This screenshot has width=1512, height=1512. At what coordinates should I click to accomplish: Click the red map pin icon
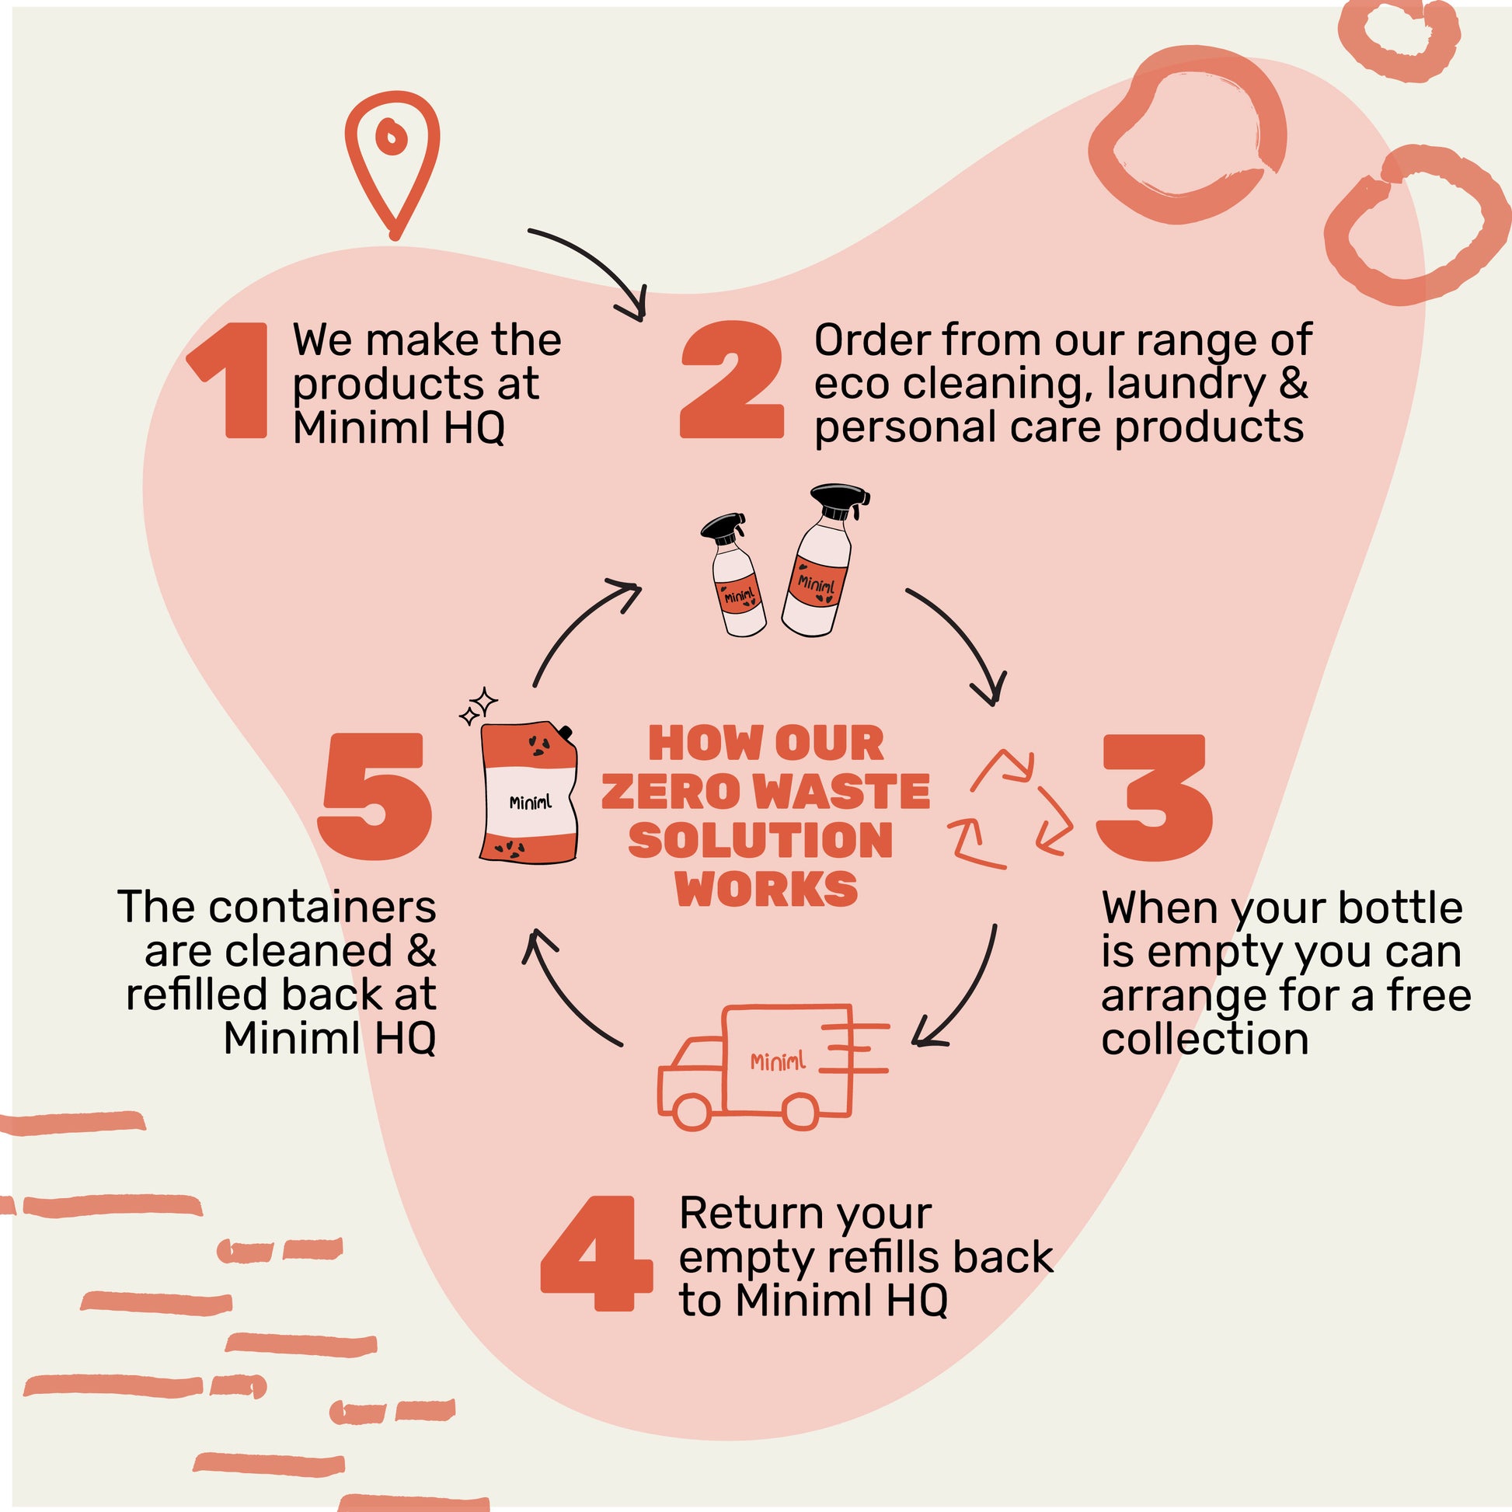[392, 167]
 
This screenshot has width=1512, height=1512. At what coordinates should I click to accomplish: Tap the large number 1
[228, 380]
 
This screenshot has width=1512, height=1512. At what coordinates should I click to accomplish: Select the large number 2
[732, 380]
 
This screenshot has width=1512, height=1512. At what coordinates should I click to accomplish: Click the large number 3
[1155, 798]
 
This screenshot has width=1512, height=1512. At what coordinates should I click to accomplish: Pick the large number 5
[374, 797]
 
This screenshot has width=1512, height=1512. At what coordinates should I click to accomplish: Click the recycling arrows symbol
[1009, 809]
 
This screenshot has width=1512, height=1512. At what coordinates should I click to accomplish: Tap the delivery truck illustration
[773, 1066]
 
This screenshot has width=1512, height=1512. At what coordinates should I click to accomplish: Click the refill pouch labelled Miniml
[529, 793]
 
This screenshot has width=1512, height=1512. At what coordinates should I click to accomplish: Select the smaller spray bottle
[733, 574]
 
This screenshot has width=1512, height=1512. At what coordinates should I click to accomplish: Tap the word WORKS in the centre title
[767, 889]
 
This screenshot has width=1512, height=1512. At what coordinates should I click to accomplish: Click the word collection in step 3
[1205, 1040]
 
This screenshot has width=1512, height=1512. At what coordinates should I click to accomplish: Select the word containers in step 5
[322, 908]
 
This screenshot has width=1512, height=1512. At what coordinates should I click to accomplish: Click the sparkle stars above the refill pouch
[478, 705]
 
